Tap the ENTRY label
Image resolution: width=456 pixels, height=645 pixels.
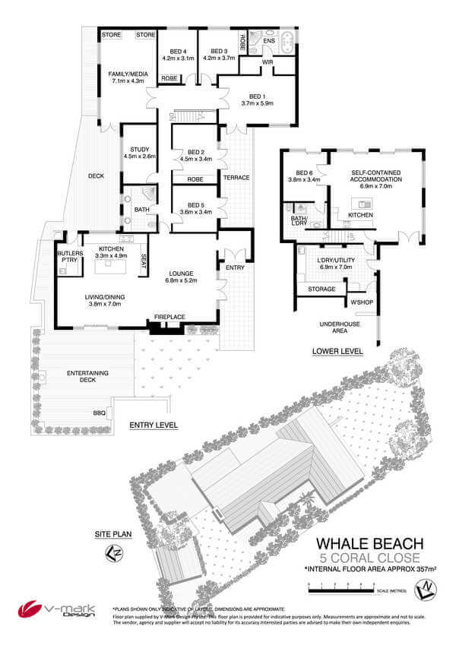(234, 267)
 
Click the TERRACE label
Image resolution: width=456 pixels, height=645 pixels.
(236, 177)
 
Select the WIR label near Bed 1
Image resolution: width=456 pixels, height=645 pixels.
(268, 62)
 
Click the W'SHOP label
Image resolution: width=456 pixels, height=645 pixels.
(360, 302)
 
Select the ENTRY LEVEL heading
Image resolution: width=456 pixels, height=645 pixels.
(154, 425)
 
